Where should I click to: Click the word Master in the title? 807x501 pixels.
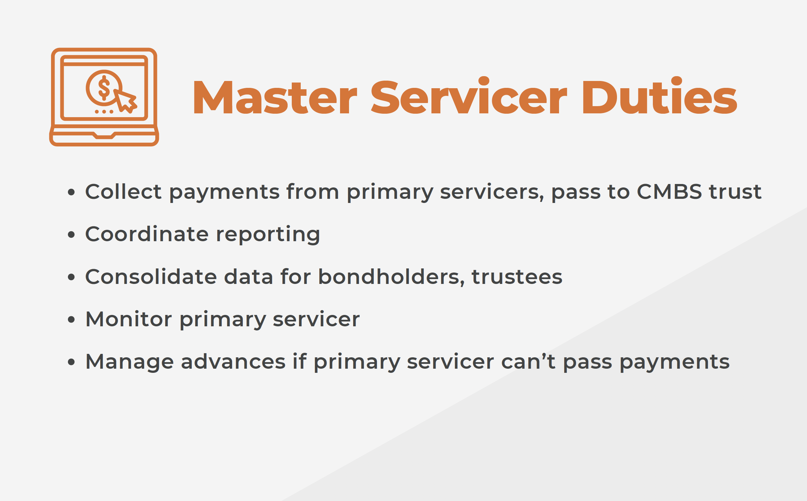[x=275, y=97]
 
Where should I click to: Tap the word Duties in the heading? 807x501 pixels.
[x=659, y=96]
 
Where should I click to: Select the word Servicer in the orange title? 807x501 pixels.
[x=469, y=96]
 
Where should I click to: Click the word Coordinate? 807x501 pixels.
[x=147, y=234]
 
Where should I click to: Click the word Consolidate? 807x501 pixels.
[x=151, y=276]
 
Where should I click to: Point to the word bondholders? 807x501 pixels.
[x=391, y=277]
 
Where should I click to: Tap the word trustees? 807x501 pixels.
[x=517, y=277]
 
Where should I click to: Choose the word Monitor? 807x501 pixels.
[x=129, y=319]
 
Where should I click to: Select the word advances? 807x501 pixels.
[x=233, y=361]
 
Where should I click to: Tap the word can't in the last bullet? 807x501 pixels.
[x=528, y=361]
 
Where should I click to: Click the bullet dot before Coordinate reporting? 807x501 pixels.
[x=71, y=235]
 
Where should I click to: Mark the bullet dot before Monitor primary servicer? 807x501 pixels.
[x=71, y=319]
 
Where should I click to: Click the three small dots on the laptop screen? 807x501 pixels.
[x=104, y=112]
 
